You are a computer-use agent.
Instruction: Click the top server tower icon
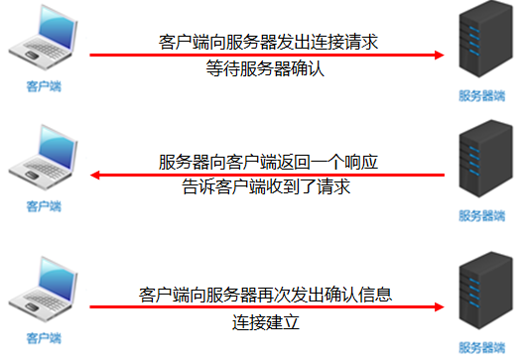click(x=481, y=44)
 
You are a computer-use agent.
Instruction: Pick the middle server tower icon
click(x=481, y=164)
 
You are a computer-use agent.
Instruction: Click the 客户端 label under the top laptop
click(x=43, y=86)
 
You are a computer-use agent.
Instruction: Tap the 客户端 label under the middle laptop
click(x=43, y=206)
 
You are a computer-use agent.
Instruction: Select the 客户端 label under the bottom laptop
click(x=43, y=338)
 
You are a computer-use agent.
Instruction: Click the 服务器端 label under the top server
click(x=481, y=96)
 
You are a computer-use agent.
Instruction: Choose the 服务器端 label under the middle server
click(x=481, y=215)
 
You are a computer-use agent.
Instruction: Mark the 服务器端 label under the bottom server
click(x=481, y=347)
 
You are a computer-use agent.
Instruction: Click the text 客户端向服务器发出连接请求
click(x=269, y=42)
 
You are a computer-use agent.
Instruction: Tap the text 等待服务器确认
click(x=266, y=68)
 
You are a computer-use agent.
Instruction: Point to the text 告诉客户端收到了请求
click(x=266, y=186)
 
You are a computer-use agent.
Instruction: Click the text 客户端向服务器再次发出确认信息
click(x=266, y=295)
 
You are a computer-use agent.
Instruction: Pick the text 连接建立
click(x=266, y=322)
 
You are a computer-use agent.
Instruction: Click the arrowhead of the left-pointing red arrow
click(x=96, y=176)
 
